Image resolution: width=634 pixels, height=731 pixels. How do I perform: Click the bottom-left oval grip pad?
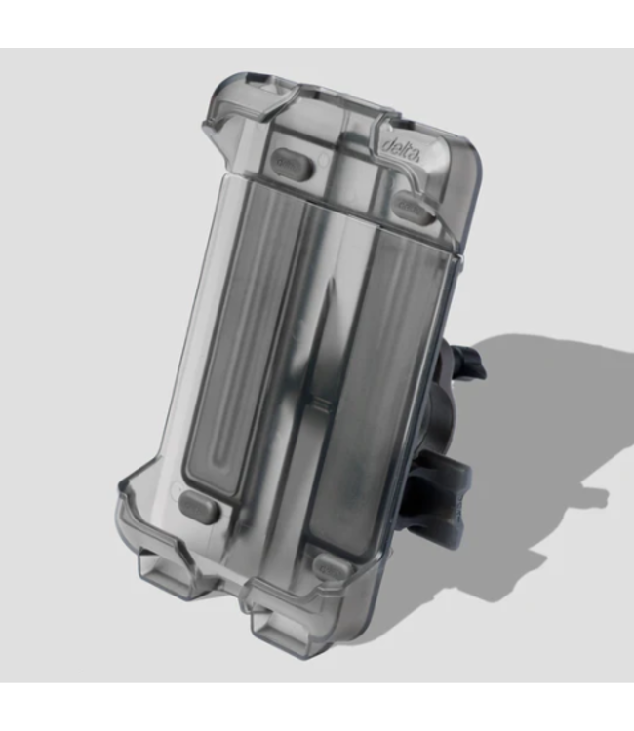tap(200, 507)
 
